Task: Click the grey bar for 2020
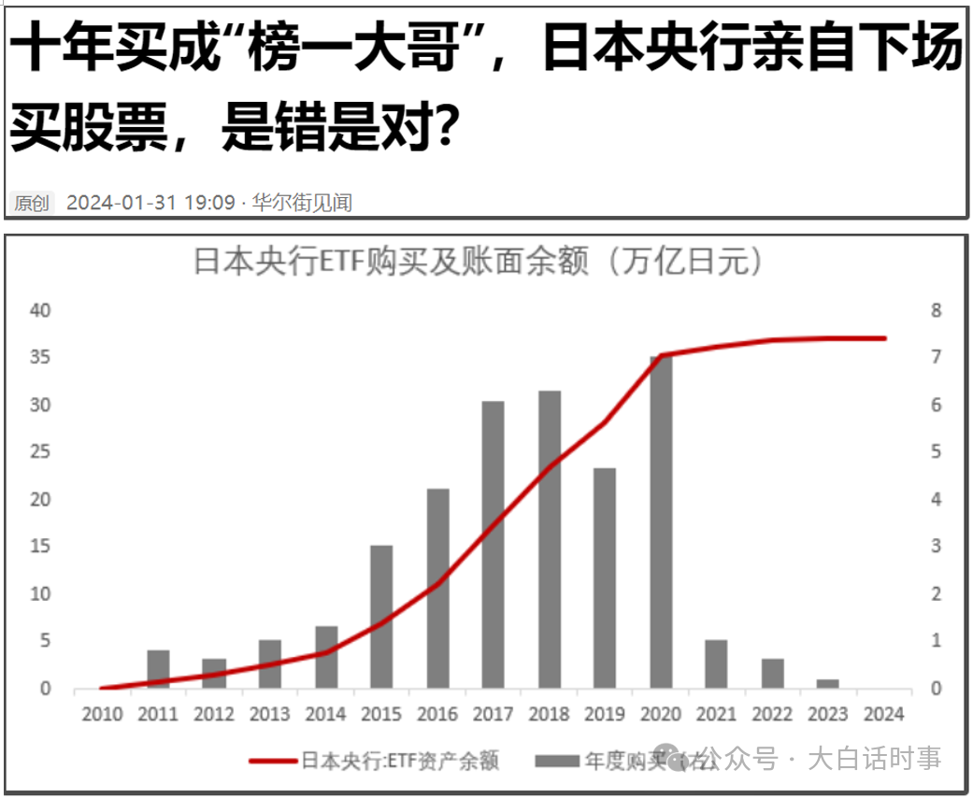coord(661,523)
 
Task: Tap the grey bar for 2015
coord(381,617)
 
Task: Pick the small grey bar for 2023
coord(828,683)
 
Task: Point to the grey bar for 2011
coord(158,669)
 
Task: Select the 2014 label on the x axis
coord(325,715)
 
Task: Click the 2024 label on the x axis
coord(883,715)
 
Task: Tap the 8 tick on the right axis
coord(935,310)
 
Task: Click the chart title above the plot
coord(477,262)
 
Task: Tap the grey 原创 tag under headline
coord(31,202)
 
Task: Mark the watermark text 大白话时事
coord(874,759)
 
